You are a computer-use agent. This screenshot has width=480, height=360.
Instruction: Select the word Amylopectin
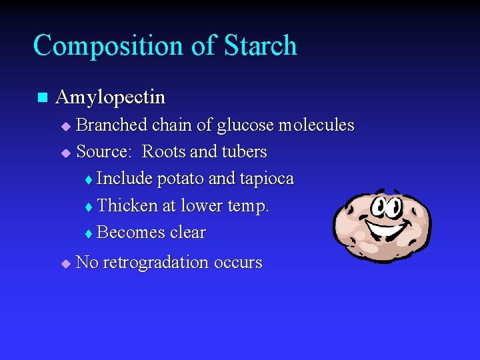pyautogui.click(x=111, y=97)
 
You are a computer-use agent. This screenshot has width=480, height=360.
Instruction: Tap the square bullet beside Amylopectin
pyautogui.click(x=42, y=97)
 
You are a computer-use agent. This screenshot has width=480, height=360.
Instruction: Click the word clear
pyautogui.click(x=188, y=233)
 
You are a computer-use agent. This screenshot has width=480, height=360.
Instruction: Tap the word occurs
pyautogui.click(x=238, y=263)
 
